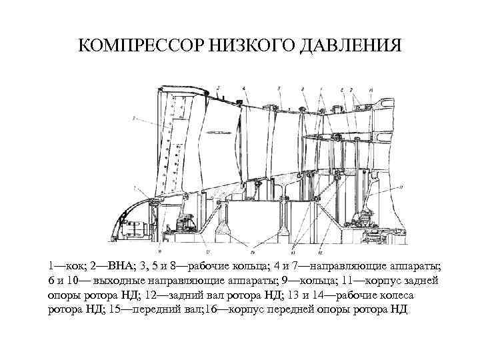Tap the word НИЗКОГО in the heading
click(238, 46)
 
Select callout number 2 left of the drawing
click(135, 119)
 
